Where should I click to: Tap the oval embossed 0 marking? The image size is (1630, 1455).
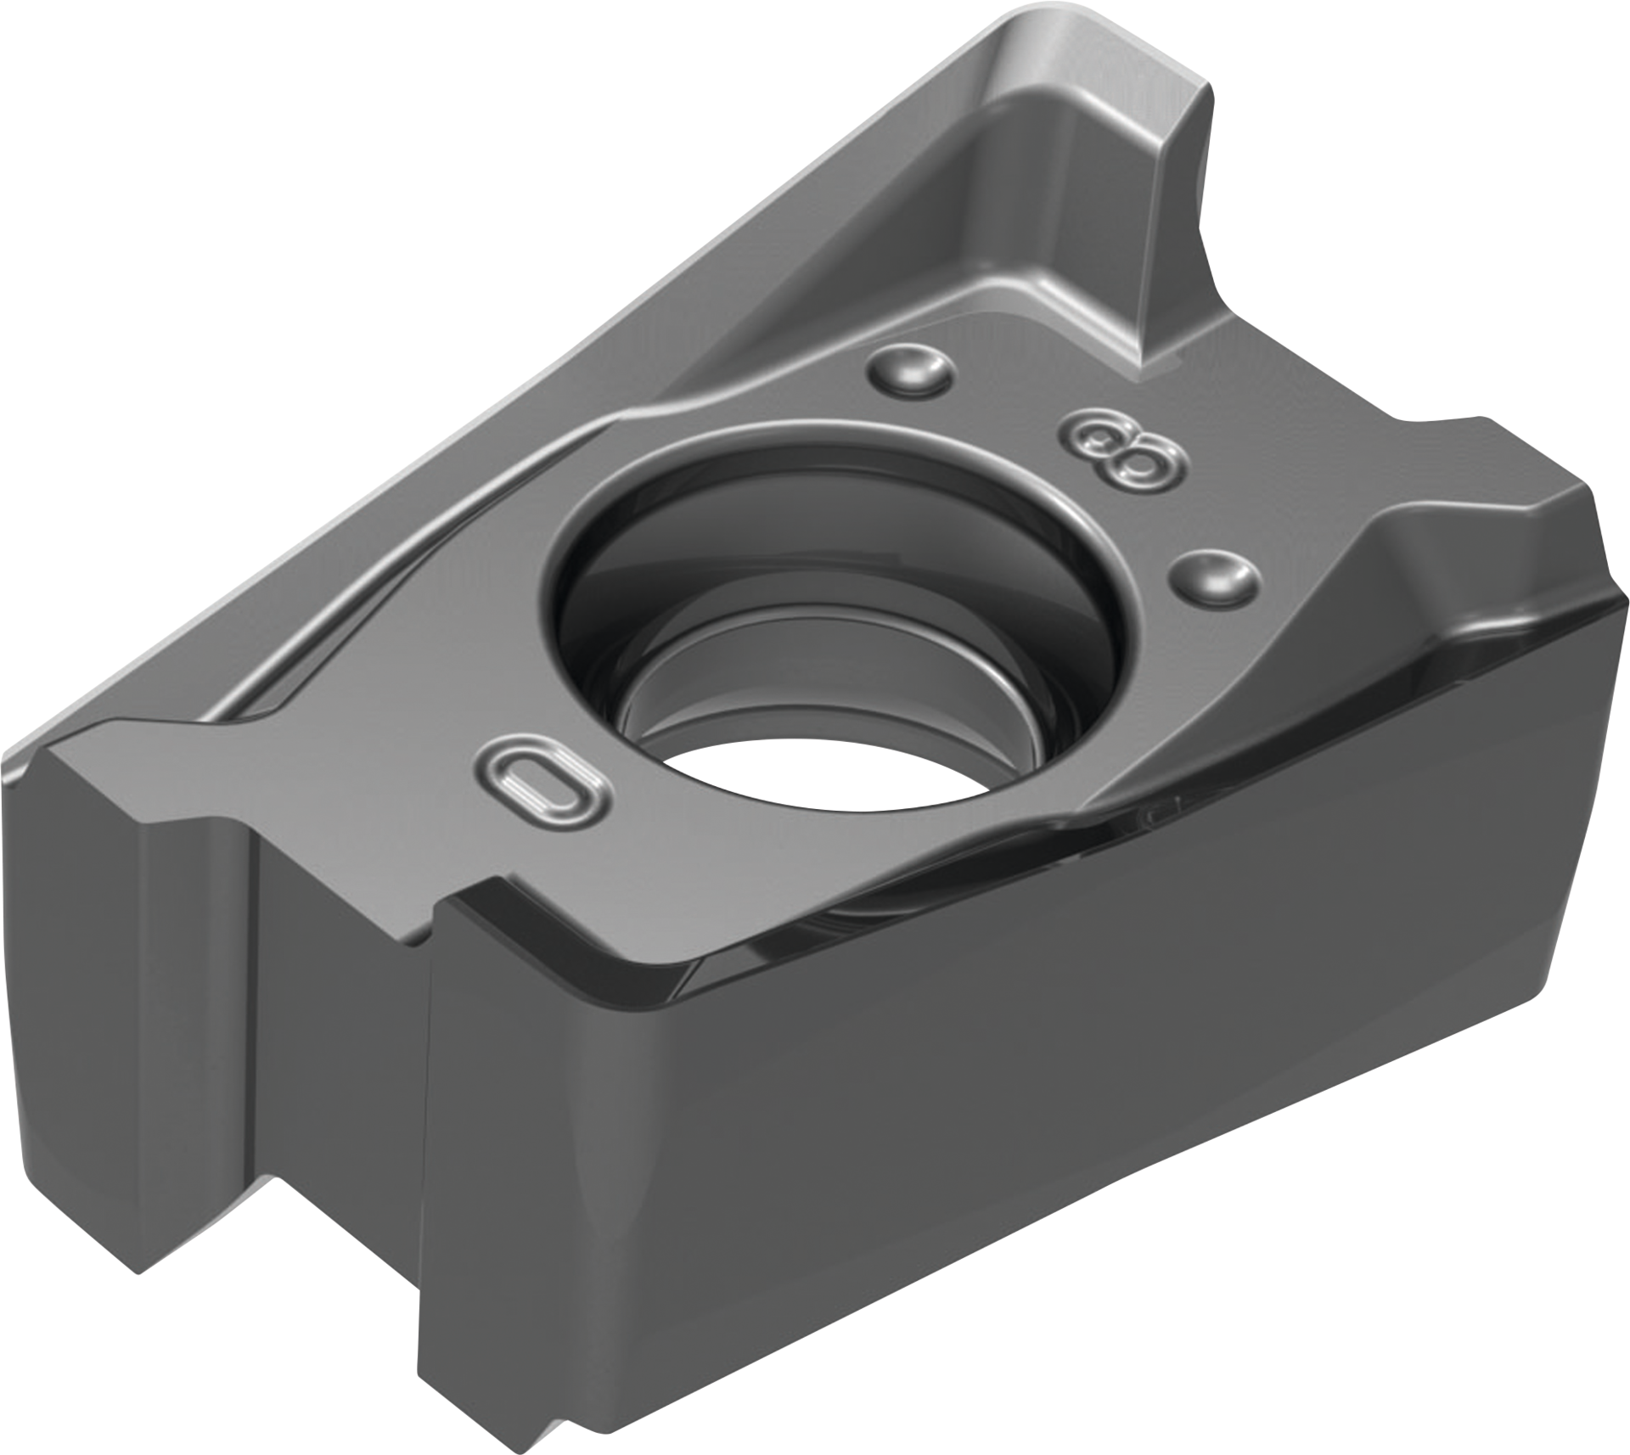coord(543,781)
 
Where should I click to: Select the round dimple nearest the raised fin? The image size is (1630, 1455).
coord(909,369)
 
